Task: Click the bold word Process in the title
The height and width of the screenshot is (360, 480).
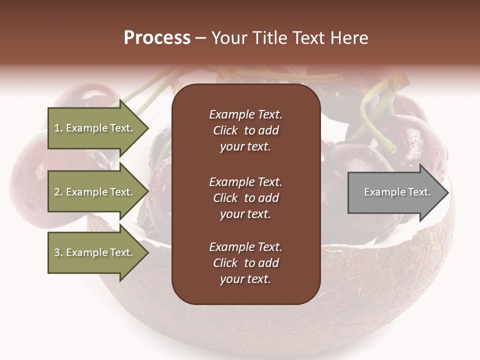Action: click(x=157, y=38)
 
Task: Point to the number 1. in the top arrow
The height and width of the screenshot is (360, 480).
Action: click(x=58, y=128)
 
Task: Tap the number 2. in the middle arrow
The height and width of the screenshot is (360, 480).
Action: click(x=58, y=192)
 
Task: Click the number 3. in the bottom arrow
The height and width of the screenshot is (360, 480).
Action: click(x=58, y=253)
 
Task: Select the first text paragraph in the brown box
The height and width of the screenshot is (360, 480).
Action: click(x=245, y=130)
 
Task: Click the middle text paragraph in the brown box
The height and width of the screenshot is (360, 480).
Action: click(x=245, y=198)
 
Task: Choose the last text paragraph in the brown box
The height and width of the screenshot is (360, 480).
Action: click(x=245, y=263)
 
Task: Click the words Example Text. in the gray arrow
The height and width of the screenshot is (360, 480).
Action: click(x=397, y=192)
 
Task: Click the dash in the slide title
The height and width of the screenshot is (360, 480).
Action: click(x=200, y=38)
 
